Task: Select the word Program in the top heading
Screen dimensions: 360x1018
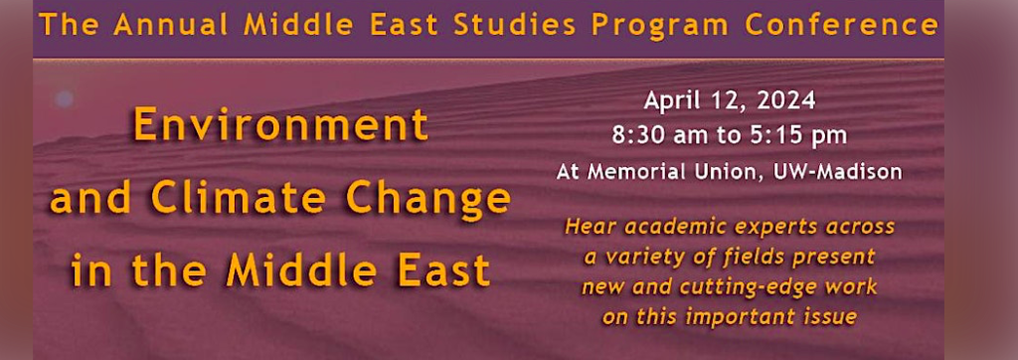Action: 661,26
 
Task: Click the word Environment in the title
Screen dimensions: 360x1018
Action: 281,125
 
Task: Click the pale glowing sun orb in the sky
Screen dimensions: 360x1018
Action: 65,97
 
